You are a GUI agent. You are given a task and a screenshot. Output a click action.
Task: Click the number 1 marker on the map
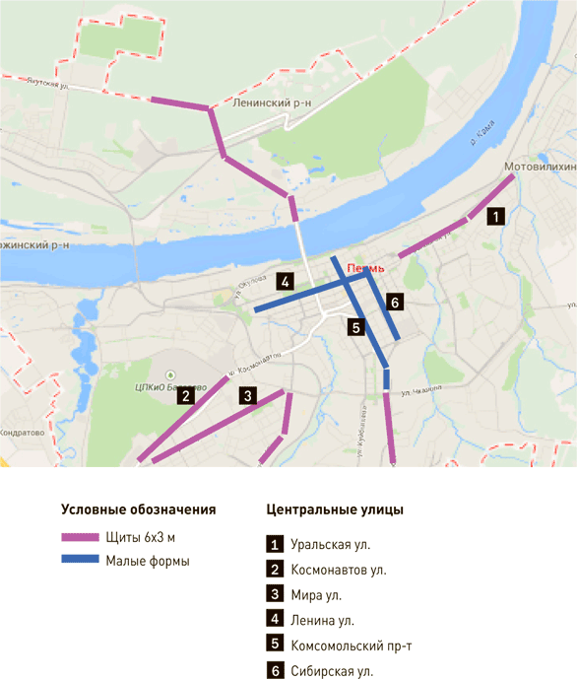496,215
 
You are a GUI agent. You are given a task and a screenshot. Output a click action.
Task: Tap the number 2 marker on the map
184,397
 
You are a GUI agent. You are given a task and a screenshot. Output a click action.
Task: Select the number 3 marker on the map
248,395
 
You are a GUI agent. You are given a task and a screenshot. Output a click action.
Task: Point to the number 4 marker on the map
286,281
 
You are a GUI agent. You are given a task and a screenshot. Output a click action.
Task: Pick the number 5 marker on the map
355,326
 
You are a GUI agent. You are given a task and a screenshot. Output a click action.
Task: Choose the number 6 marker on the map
394,302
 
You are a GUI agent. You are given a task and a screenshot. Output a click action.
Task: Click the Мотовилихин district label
540,167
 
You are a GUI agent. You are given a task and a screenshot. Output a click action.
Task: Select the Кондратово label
21,432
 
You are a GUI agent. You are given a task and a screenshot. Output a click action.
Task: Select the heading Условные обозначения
138,509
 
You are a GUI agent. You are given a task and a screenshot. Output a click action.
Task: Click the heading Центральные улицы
335,509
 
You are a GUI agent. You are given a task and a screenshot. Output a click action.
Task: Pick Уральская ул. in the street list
330,544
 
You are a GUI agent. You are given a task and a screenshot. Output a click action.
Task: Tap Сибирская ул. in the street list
332,672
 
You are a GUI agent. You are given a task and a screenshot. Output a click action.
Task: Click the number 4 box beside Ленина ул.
275,621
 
